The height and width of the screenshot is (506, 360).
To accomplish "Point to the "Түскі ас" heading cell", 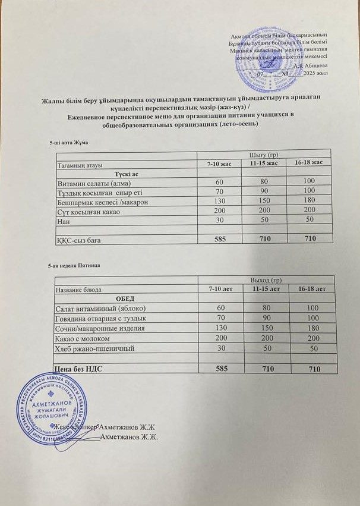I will point(127,173).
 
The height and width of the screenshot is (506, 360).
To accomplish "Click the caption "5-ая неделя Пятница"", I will point(72,263).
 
